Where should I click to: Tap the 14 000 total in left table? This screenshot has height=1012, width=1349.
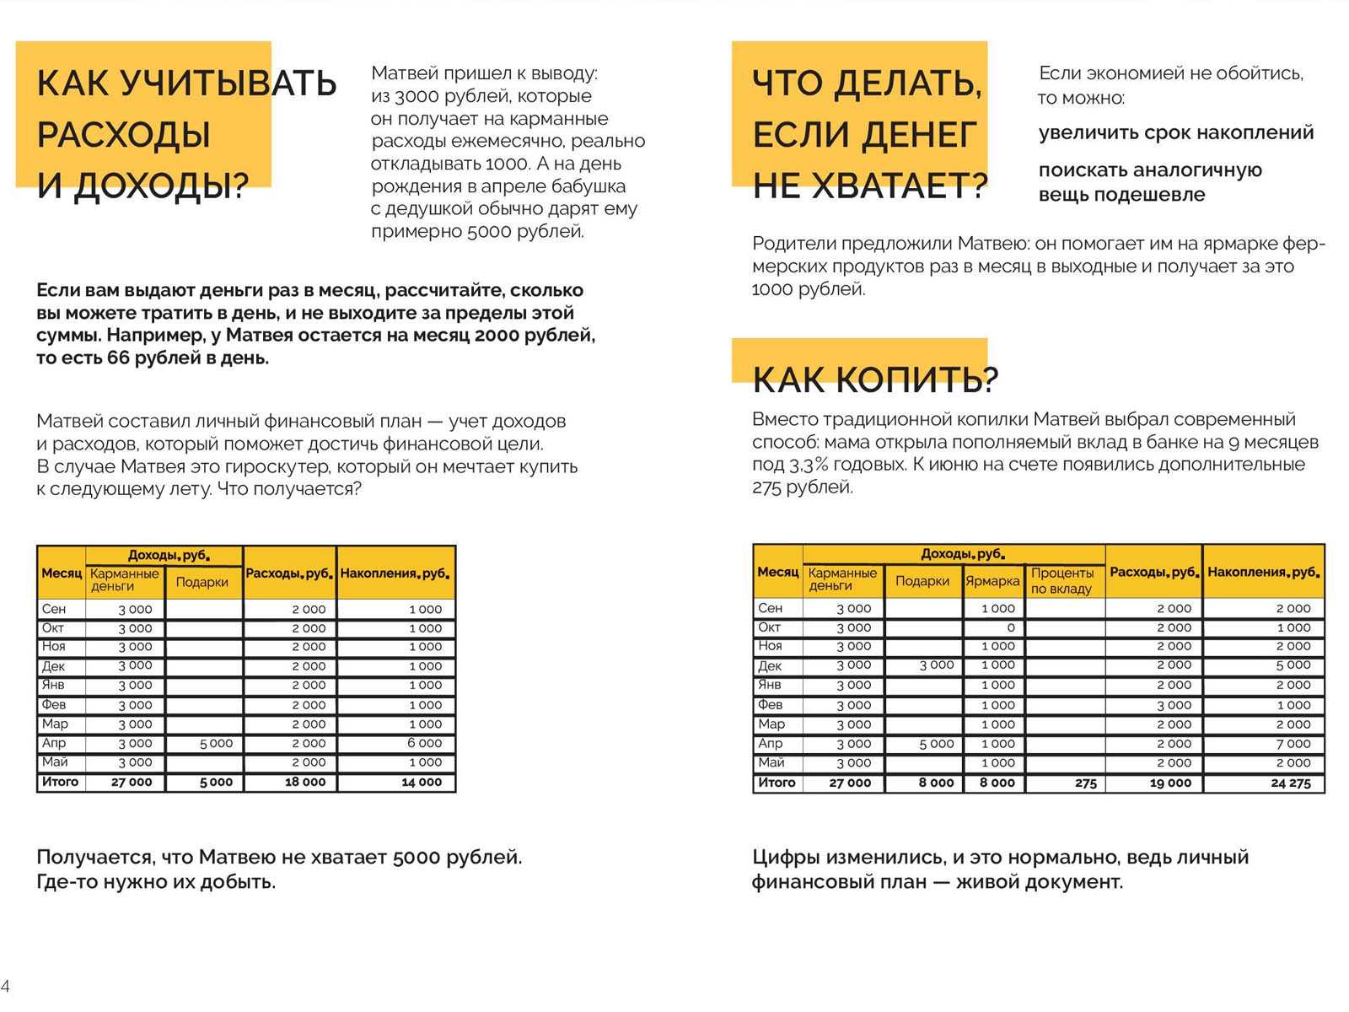click(x=421, y=782)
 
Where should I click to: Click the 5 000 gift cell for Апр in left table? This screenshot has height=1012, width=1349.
click(x=216, y=743)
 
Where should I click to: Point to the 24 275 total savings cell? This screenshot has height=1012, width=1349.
click(x=1290, y=783)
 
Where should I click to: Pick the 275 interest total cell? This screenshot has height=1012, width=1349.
click(x=1085, y=783)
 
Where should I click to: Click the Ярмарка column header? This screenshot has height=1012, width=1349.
click(x=992, y=581)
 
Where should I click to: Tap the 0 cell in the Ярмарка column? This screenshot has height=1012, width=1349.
click(x=1010, y=627)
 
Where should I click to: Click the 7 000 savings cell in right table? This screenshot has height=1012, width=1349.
click(x=1293, y=744)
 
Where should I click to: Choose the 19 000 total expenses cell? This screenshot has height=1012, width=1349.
click(x=1170, y=783)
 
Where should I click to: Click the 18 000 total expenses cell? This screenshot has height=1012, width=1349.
click(x=304, y=782)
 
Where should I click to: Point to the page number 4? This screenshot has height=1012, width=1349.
click(x=5, y=985)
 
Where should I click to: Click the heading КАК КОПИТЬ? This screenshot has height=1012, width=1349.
click(x=874, y=380)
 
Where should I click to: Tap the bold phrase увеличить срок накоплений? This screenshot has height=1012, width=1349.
click(x=1175, y=132)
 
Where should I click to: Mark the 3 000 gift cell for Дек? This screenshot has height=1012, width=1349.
click(x=936, y=665)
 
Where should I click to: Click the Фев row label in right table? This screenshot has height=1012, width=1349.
click(x=770, y=704)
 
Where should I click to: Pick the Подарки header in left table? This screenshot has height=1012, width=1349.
click(x=202, y=582)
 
